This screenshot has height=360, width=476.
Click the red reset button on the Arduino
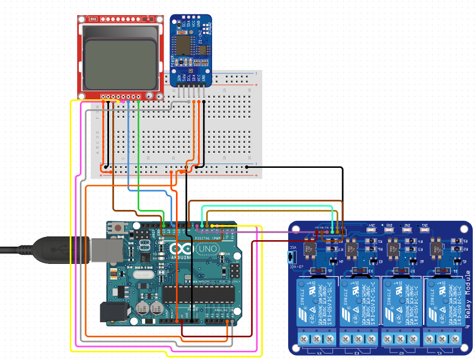point(117,228)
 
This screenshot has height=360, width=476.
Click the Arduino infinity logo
point(180,249)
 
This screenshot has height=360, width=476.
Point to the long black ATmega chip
point(199,294)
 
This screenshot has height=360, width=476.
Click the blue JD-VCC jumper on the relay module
point(295,255)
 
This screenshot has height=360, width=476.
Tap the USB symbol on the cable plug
point(60,249)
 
